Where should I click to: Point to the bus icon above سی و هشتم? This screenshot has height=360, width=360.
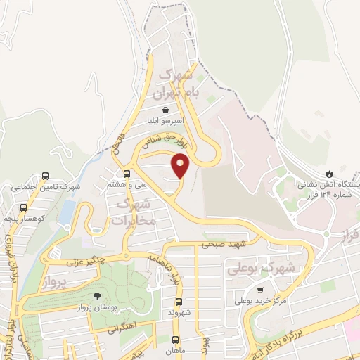(x=127, y=174)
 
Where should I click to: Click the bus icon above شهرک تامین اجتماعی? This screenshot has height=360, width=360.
(x=46, y=176)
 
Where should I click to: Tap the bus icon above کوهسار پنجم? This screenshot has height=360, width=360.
(x=23, y=207)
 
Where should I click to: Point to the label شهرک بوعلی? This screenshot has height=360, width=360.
(x=258, y=269)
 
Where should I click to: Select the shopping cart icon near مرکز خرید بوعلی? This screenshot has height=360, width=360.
(x=260, y=290)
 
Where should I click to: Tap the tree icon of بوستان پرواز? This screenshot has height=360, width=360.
(x=97, y=296)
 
